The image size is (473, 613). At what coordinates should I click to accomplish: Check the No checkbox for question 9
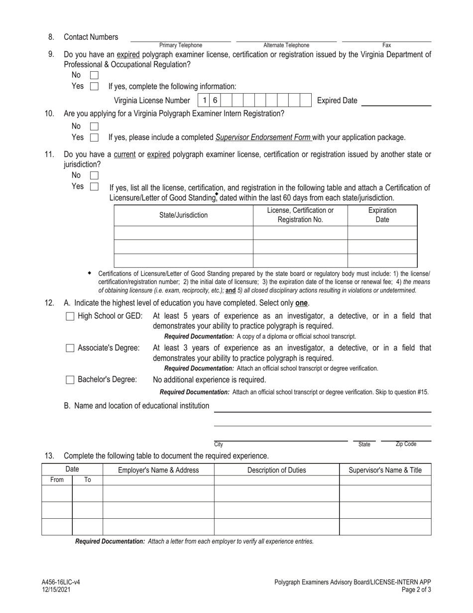94,75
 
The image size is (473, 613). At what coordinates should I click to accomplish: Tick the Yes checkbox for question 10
94,137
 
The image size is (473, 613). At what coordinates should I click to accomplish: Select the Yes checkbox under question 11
94,186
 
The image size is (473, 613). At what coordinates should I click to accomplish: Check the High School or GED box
70,316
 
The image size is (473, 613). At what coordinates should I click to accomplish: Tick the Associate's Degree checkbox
70,348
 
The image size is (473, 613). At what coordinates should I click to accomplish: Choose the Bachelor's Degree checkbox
70,380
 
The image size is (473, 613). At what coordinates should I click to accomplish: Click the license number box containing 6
215,100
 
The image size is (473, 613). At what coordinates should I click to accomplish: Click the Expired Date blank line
396,101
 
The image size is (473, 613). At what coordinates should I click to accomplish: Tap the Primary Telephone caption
181,45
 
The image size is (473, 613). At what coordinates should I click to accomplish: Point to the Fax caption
386,45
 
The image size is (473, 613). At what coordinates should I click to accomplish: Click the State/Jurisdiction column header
183,215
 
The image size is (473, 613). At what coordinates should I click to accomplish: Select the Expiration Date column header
382,215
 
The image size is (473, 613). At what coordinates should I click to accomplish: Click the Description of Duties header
277,470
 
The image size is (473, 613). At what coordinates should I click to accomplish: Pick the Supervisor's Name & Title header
385,470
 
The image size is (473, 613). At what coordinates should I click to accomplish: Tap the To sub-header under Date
88,480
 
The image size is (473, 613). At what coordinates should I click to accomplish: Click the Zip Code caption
406,444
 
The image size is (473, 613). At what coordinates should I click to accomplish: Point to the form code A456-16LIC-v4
60,582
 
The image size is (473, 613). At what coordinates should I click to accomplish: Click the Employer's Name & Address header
158,470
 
